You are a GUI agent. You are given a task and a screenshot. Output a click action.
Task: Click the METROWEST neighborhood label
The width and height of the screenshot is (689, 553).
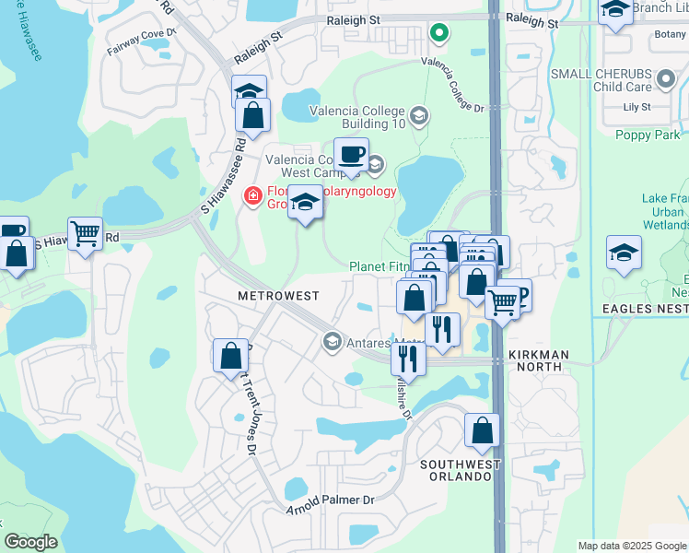click(x=277, y=296)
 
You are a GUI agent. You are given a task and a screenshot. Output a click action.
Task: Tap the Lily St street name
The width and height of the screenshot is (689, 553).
click(x=636, y=107)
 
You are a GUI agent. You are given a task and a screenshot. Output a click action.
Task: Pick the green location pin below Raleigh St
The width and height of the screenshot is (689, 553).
click(x=439, y=34)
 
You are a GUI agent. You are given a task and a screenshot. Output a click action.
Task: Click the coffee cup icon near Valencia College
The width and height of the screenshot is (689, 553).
click(x=350, y=153)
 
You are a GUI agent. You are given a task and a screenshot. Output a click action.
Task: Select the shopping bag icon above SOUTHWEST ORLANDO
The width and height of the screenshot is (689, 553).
click(x=482, y=429)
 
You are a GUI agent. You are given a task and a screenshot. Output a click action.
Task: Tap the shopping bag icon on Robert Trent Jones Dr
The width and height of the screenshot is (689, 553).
click(x=230, y=355)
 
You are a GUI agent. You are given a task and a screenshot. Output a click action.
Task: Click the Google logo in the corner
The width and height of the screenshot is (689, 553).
click(x=30, y=541)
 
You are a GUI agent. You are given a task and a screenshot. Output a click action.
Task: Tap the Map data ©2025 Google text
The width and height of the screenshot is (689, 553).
click(x=632, y=546)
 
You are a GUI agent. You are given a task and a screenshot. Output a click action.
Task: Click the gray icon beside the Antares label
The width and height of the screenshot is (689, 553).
click(x=332, y=342)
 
